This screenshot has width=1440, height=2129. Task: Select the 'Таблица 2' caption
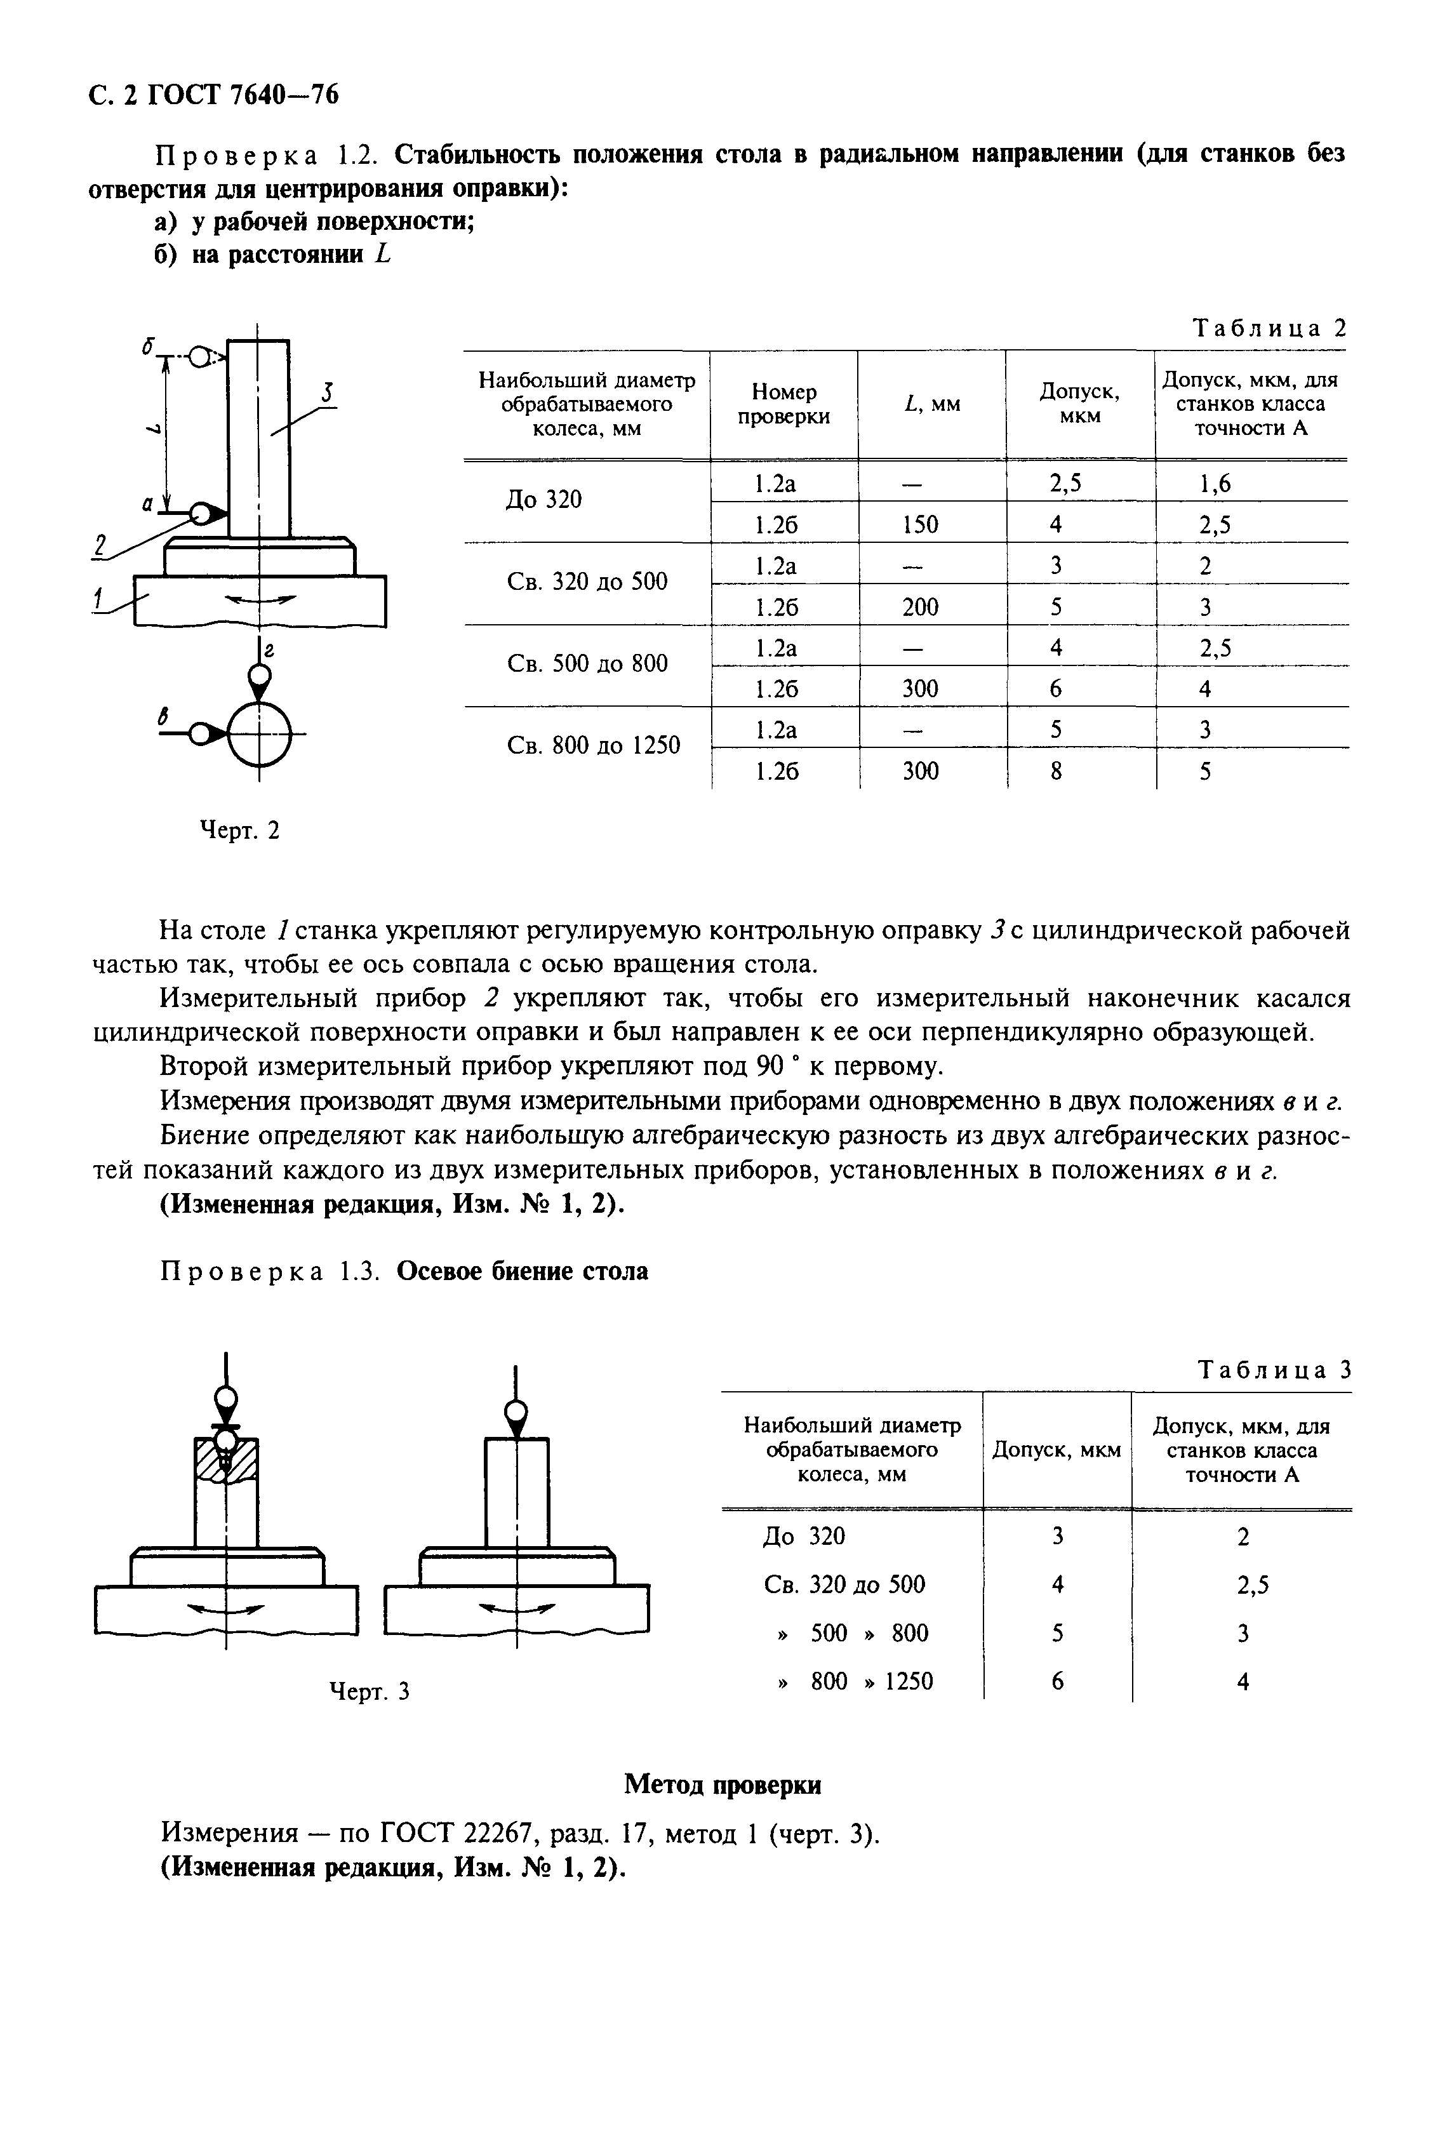point(1269,328)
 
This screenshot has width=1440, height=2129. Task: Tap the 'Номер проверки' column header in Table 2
point(783,404)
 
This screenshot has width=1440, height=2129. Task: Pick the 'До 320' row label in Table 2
point(543,500)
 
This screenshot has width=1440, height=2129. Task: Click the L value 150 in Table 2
point(920,524)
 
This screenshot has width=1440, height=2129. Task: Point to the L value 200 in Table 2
point(920,606)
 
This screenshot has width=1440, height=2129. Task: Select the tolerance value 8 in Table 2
point(1055,771)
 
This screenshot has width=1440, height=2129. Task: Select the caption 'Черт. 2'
point(240,831)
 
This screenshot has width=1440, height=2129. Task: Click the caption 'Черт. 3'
point(369,1691)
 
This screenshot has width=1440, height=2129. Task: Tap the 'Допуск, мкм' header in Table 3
point(1056,1450)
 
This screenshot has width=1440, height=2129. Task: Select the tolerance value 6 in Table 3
point(1057,1681)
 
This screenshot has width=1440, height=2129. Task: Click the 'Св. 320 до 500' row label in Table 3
point(844,1584)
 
